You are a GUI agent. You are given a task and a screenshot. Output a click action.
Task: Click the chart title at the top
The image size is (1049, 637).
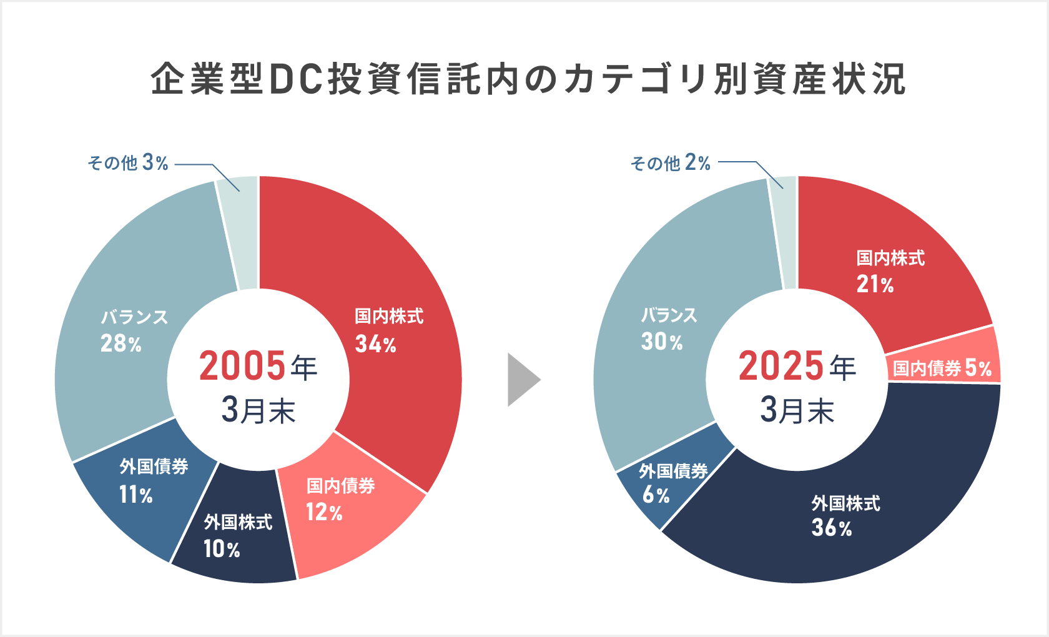pyautogui.click(x=528, y=79)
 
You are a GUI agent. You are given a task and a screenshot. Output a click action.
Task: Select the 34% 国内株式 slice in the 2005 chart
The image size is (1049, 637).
pyautogui.click(x=400, y=281)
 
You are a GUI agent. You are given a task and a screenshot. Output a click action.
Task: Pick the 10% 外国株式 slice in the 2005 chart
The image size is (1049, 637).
pyautogui.click(x=237, y=537)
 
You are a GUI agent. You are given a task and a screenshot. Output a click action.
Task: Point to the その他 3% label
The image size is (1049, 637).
pyautogui.click(x=128, y=163)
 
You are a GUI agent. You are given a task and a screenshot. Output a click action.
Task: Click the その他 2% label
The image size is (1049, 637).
pyautogui.click(x=671, y=163)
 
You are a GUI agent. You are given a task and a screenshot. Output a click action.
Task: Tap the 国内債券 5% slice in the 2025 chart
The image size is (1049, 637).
pyautogui.click(x=943, y=368)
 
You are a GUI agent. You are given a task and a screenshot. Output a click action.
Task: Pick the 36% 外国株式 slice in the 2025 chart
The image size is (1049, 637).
pyautogui.click(x=843, y=518)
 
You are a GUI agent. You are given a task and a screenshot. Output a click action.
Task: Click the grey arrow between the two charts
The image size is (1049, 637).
pyautogui.click(x=523, y=380)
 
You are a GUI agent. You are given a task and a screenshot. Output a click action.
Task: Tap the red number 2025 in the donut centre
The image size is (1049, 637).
pyautogui.click(x=781, y=366)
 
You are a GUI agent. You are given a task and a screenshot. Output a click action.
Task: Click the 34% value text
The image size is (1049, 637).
pyautogui.click(x=375, y=344)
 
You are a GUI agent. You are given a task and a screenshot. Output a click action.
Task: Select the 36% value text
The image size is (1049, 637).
pyautogui.click(x=832, y=528)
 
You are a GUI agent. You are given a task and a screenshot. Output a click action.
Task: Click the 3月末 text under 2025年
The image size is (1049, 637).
pyautogui.click(x=797, y=411)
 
